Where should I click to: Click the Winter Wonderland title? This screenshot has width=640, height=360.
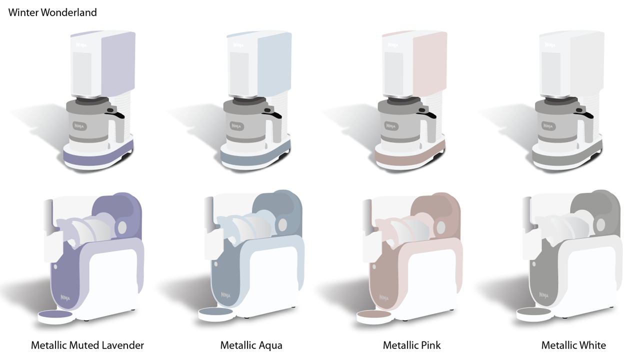52,12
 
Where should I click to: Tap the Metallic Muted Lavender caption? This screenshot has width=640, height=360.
87,345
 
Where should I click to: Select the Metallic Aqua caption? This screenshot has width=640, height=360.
251,345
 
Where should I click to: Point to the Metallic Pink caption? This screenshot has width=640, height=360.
411,345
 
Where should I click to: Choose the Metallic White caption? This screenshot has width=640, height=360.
573,345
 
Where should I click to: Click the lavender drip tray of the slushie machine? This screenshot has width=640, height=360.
55,314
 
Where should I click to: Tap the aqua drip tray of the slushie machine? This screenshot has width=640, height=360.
215,311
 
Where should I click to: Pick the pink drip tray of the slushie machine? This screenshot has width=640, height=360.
373,314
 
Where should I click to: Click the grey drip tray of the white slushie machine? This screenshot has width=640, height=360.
533,311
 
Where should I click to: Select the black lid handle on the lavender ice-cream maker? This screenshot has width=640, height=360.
115,113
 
